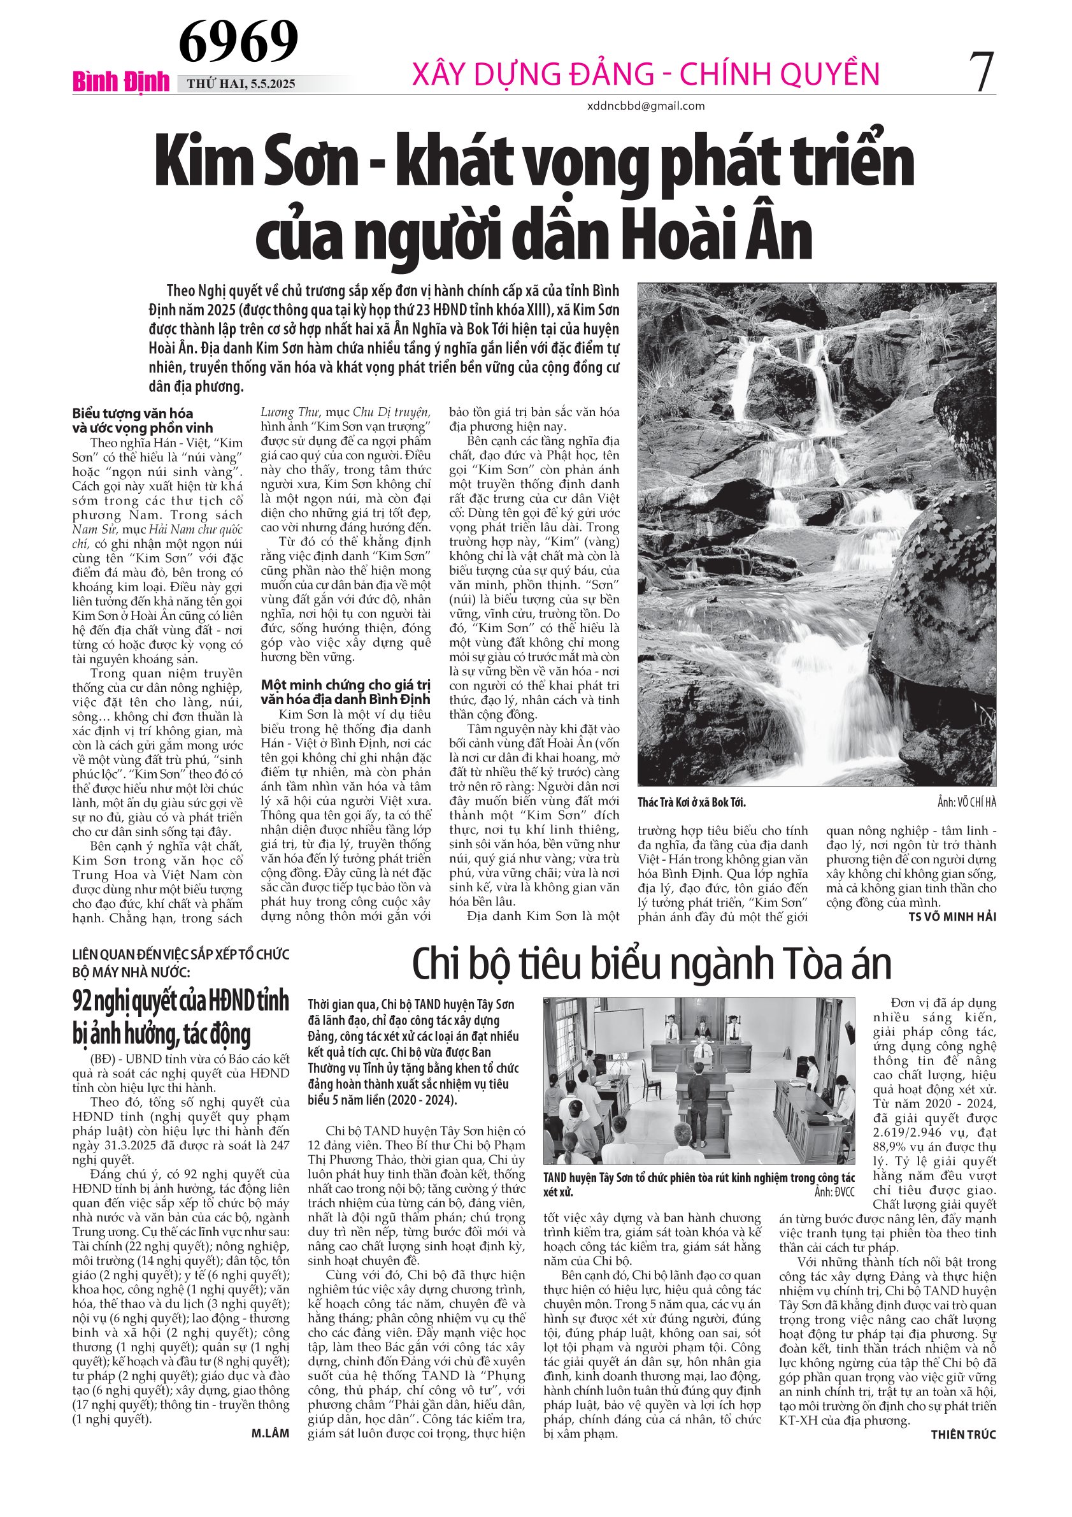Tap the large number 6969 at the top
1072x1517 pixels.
238,41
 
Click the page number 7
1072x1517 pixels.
982,72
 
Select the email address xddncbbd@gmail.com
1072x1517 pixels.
645,106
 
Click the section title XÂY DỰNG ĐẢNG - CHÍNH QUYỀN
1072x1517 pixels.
645,73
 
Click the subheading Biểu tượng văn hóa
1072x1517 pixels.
132,413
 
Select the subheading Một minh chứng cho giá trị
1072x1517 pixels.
345,684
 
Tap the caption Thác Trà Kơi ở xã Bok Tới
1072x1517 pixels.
692,802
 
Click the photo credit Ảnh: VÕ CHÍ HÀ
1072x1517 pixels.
966,802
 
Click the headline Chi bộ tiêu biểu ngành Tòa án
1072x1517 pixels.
651,964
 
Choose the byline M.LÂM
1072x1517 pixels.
270,1433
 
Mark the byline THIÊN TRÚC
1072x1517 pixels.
963,1434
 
